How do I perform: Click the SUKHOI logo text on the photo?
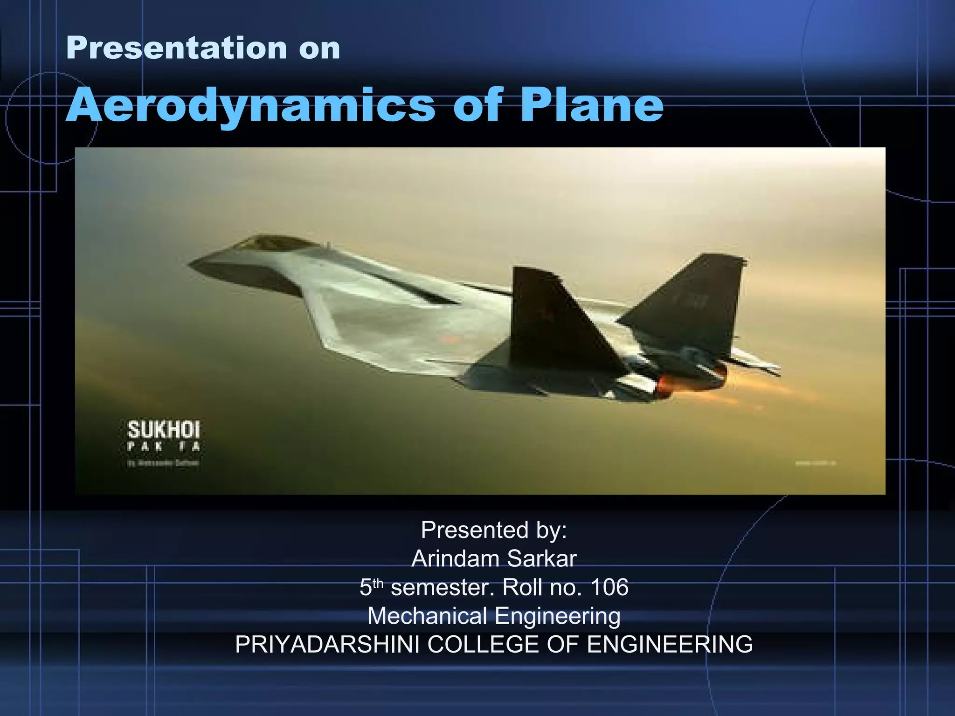[163, 430]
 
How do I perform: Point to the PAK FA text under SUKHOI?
[163, 447]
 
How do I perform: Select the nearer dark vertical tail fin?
[555, 317]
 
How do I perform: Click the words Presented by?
[494, 530]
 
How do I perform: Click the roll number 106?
[609, 587]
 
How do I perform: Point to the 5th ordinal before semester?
[371, 587]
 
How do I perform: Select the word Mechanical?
[427, 616]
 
